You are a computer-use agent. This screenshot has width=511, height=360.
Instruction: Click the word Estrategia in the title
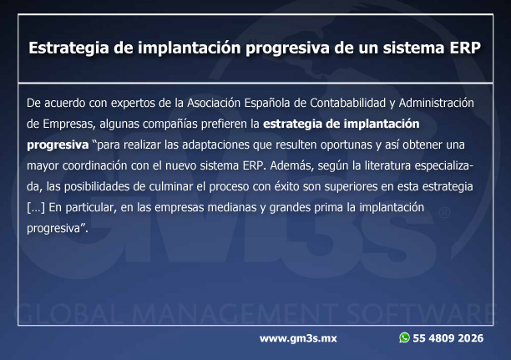pyautogui.click(x=68, y=48)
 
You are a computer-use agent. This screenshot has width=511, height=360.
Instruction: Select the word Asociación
pyautogui.click(x=214, y=103)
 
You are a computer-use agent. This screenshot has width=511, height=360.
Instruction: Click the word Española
pyautogui.click(x=267, y=103)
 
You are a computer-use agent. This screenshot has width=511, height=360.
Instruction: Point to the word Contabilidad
pyautogui.click(x=347, y=103)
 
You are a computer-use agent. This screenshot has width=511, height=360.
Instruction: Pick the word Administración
pyautogui.click(x=437, y=103)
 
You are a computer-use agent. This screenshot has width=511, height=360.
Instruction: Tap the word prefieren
pyautogui.click(x=224, y=124)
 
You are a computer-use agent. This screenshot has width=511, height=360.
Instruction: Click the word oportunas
pyautogui.click(x=347, y=145)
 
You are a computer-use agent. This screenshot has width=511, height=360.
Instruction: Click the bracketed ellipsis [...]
pyautogui.click(x=36, y=208)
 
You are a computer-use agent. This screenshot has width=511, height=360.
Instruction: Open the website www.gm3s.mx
pyautogui.click(x=298, y=338)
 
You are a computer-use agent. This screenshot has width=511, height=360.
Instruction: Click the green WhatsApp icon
pyautogui.click(x=404, y=337)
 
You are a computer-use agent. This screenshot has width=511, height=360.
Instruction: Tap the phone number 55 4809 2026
pyautogui.click(x=448, y=338)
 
